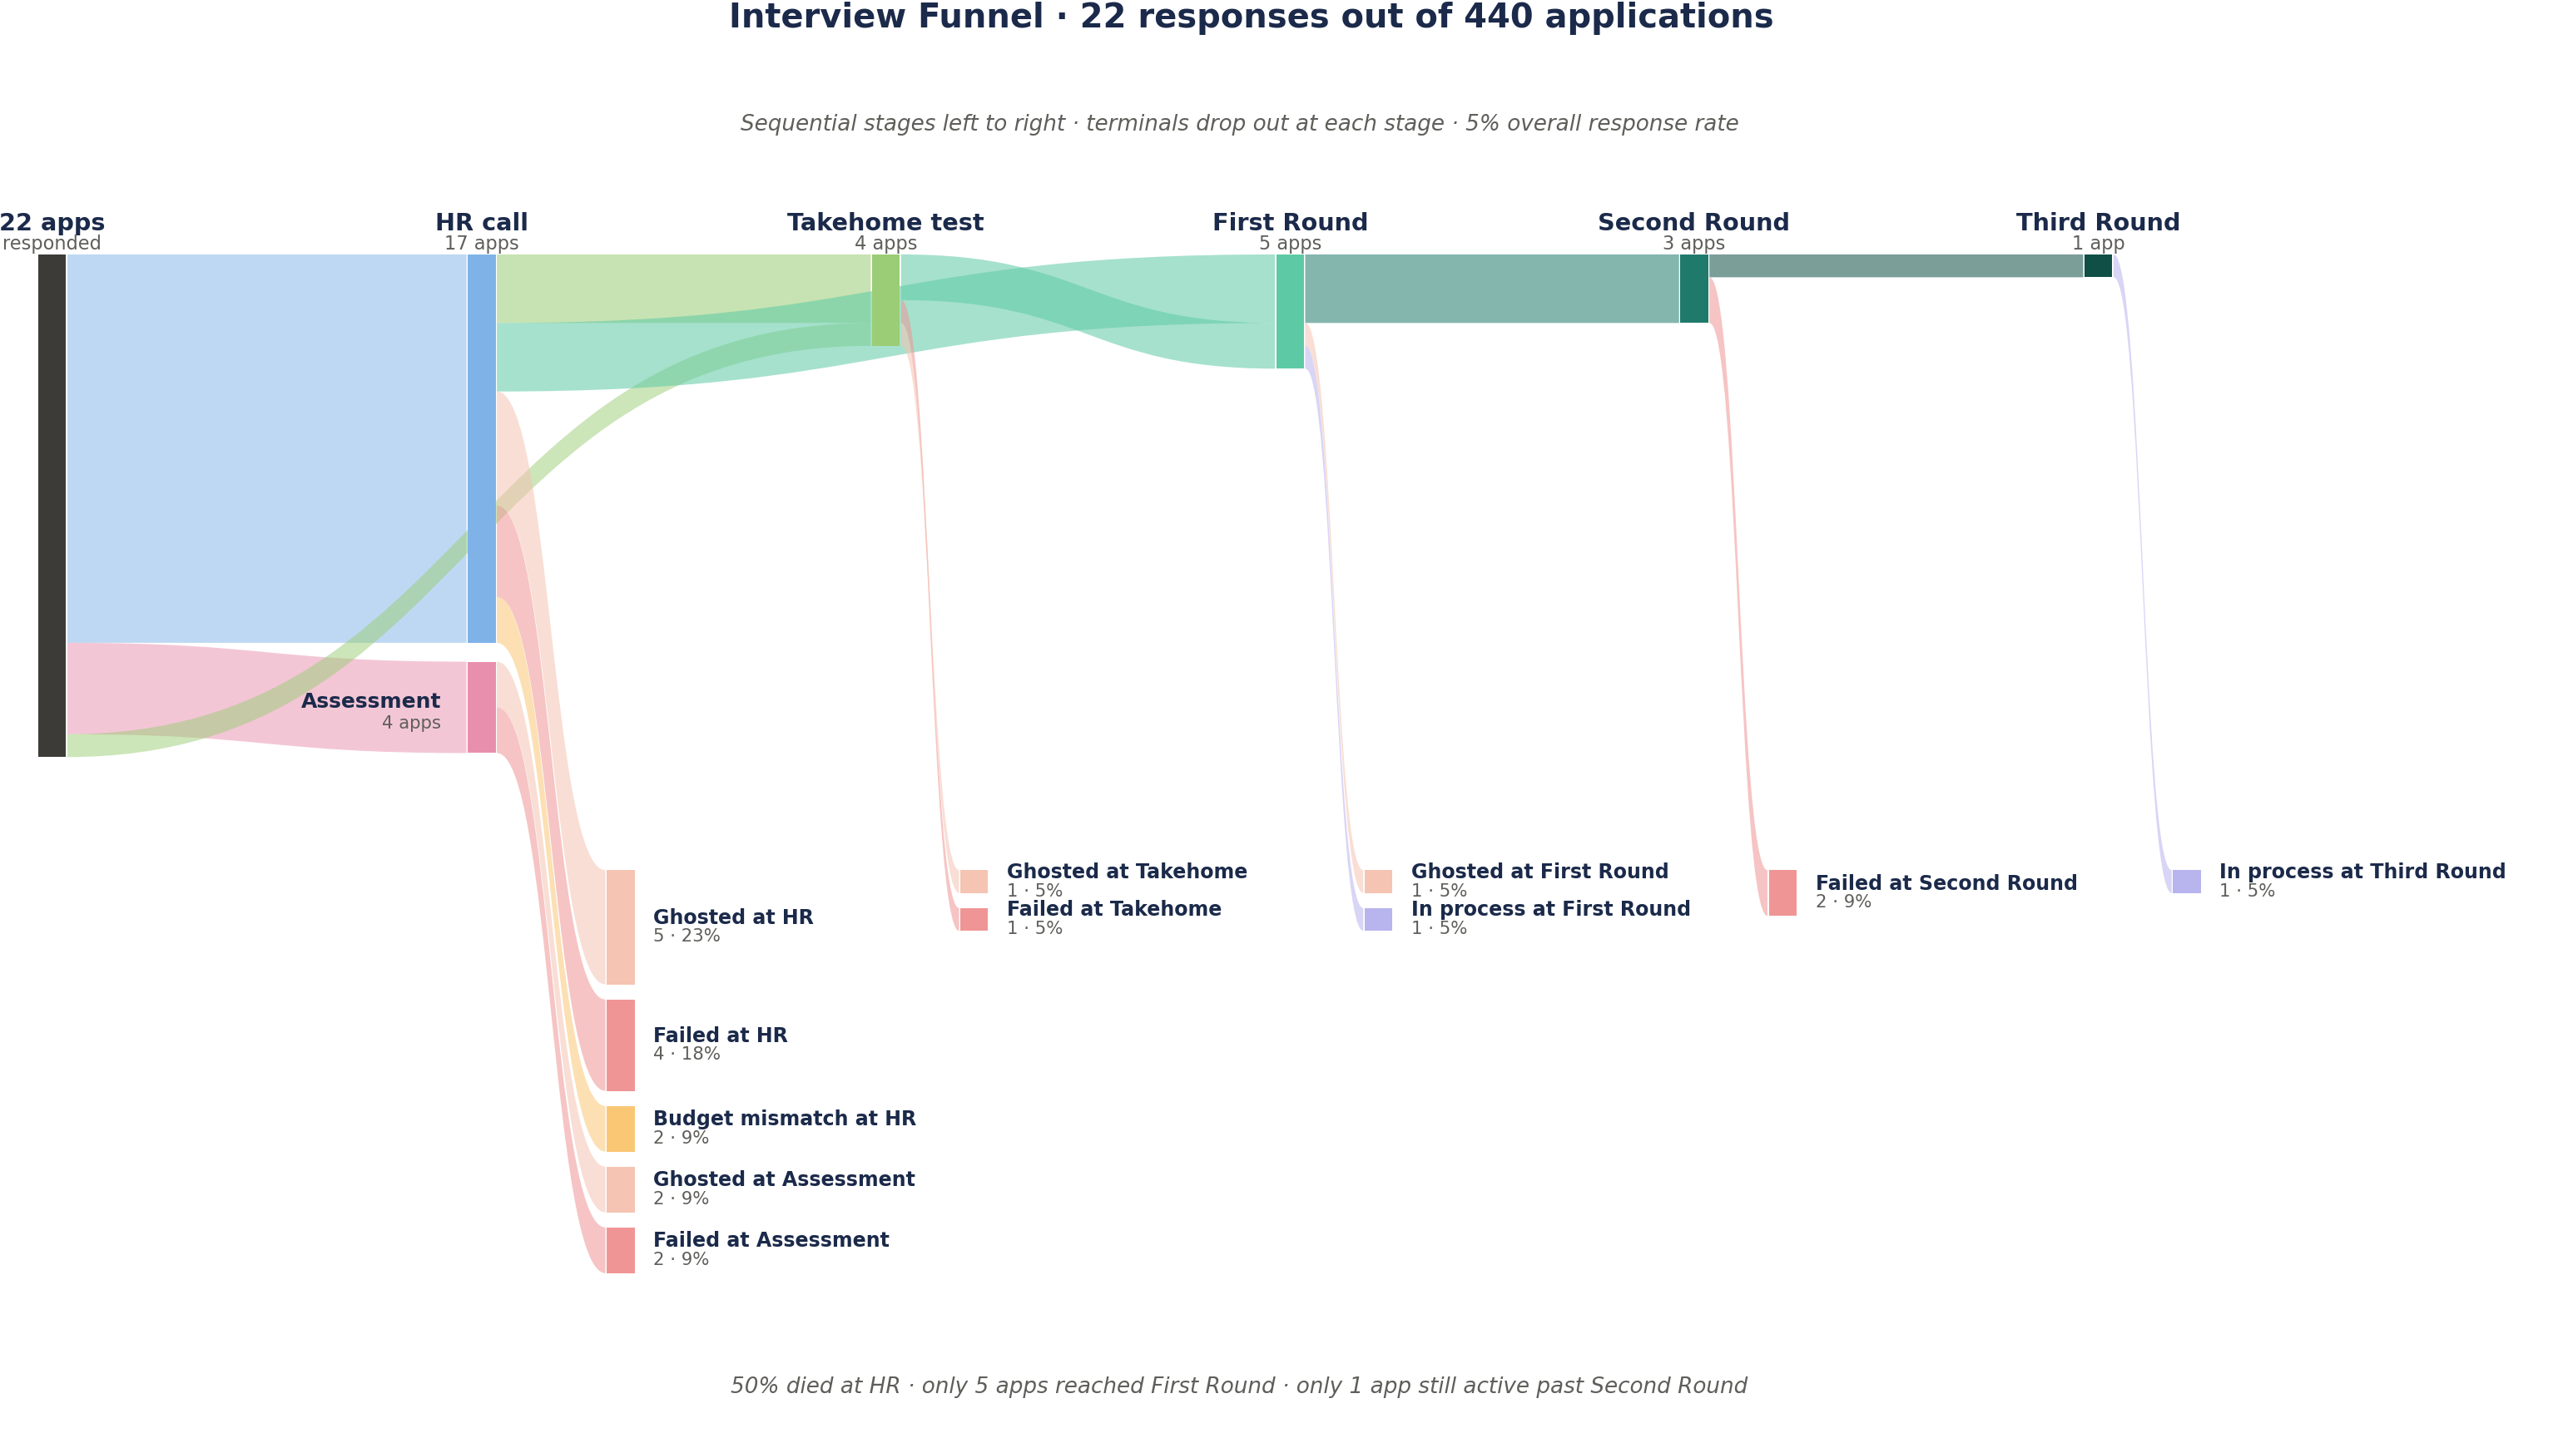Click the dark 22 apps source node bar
(x=52, y=505)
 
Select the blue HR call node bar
(x=482, y=448)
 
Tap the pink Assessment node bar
(x=482, y=708)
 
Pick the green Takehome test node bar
(x=885, y=300)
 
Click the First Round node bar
(x=1290, y=311)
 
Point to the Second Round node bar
(x=1693, y=288)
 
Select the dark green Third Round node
(x=2098, y=265)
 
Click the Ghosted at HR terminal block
(x=620, y=927)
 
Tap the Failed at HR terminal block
(x=620, y=1045)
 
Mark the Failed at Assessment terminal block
(x=620, y=1251)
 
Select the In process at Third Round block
(x=2186, y=882)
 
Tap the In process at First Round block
(x=1378, y=920)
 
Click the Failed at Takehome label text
(x=1113, y=909)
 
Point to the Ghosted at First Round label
(x=1539, y=871)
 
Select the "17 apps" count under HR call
(x=482, y=243)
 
